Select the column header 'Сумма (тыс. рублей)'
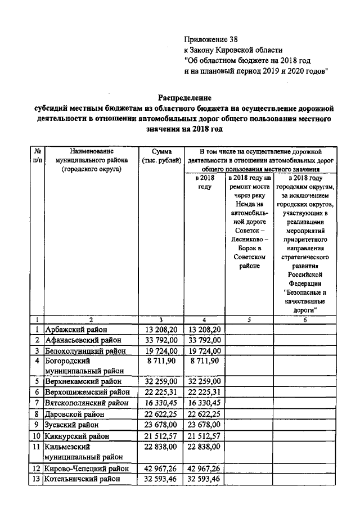pyautogui.click(x=161, y=156)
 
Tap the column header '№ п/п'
pyautogui.click(x=37, y=156)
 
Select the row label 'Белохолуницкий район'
pyautogui.click(x=85, y=351)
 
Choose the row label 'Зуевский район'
pyautogui.click(x=71, y=425)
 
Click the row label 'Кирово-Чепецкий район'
pyautogui.click(x=87, y=468)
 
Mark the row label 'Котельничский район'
pyautogui.click(x=83, y=479)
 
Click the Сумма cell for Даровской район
pyautogui.click(x=161, y=414)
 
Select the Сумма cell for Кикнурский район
pyautogui.click(x=161, y=436)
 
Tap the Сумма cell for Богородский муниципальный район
pyautogui.click(x=161, y=361)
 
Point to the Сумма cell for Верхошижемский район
pyautogui.click(x=161, y=392)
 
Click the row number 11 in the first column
pyautogui.click(x=37, y=447)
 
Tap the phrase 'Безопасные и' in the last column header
pyautogui.click(x=304, y=292)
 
